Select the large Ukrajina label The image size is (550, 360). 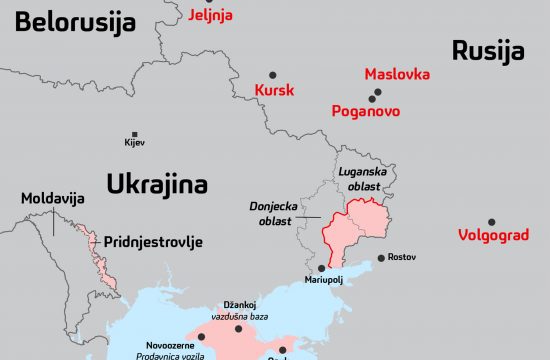[158, 185]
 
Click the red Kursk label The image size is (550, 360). [275, 91]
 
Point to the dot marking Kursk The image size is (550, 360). [272, 74]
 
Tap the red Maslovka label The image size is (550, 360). [397, 75]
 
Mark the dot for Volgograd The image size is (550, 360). [491, 222]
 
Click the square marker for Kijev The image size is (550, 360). [135, 133]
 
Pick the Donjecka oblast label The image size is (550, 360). [271, 214]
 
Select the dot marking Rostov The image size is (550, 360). [381, 258]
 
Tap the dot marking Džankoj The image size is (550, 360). [239, 328]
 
